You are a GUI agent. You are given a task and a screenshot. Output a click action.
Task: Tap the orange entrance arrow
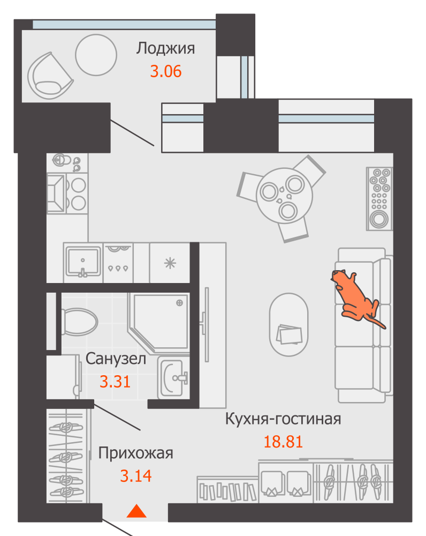137,511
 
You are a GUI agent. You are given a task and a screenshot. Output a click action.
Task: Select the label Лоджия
165,48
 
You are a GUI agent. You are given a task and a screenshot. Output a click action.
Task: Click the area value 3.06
165,71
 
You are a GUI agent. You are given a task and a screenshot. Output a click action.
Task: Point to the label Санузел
116,359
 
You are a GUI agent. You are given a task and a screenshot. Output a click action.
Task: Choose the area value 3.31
116,382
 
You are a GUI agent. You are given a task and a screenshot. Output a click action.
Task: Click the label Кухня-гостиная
283,419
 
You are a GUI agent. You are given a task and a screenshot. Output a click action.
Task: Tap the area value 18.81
283,442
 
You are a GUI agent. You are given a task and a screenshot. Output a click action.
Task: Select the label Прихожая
135,453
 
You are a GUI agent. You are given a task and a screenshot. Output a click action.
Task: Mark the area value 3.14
135,475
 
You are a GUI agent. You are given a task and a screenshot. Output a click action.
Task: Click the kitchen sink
83,262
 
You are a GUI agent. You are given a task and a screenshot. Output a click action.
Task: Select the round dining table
284,195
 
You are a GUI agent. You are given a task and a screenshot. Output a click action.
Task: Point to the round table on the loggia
96,55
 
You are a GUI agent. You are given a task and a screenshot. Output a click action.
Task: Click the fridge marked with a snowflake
170,262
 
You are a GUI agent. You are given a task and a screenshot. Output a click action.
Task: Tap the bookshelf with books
227,490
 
